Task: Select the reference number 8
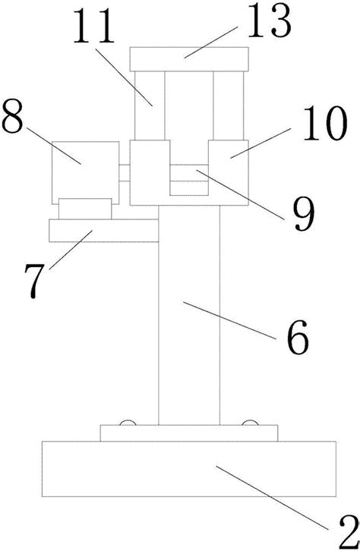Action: tap(12, 116)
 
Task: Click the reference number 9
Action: tap(305, 214)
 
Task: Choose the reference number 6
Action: tap(298, 337)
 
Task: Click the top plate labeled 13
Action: tap(189, 59)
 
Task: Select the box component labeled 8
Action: tap(85, 172)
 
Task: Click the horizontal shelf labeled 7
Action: tap(104, 231)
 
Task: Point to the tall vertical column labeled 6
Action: tap(189, 315)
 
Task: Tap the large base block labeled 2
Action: tap(189, 469)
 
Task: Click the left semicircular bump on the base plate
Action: tap(128, 423)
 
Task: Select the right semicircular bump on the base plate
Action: tap(251, 423)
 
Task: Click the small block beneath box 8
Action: tap(85, 209)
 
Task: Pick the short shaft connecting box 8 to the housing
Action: tap(125, 173)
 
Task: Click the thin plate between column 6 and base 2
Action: tap(189, 433)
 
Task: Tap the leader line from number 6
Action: tap(229, 320)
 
